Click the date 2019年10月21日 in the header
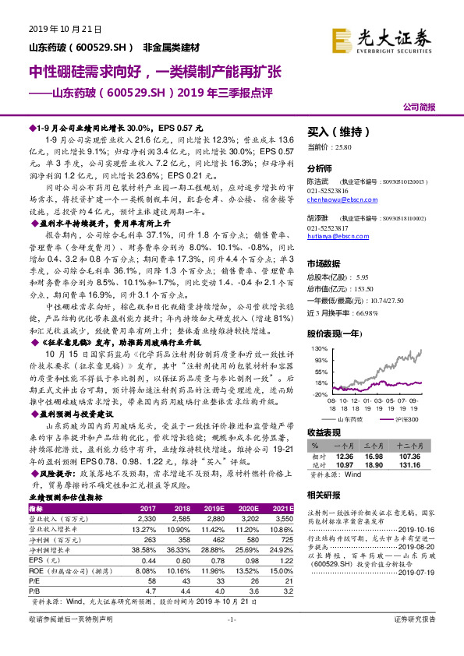coord(60,29)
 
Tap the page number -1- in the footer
coord(231,640)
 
